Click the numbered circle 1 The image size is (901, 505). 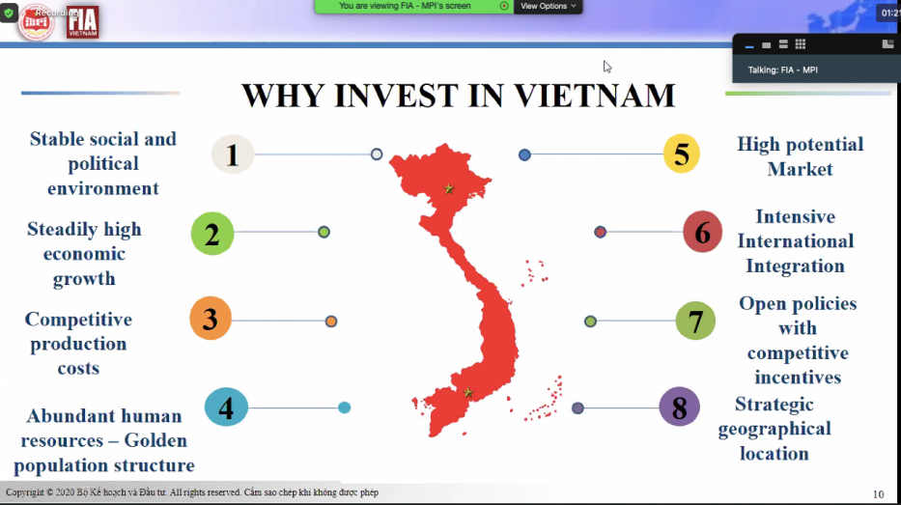[232, 154]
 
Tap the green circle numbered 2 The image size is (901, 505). [212, 234]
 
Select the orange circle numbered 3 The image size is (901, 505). [211, 320]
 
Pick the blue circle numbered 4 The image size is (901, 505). [226, 407]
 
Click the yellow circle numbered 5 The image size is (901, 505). [682, 154]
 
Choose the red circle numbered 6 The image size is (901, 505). [702, 233]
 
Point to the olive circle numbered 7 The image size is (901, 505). [695, 321]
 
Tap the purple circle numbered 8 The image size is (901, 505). [679, 407]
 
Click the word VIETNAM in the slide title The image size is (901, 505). [595, 96]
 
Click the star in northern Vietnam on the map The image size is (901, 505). [448, 189]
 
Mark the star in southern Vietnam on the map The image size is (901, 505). [467, 392]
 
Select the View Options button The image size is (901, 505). [548, 6]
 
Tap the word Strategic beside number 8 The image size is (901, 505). [774, 405]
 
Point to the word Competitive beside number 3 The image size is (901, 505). [78, 320]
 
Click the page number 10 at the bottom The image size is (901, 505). [878, 494]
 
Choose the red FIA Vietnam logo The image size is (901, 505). [83, 21]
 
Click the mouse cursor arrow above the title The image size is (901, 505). [607, 67]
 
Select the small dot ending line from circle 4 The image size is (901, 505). [344, 407]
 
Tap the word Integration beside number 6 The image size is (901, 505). [795, 267]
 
